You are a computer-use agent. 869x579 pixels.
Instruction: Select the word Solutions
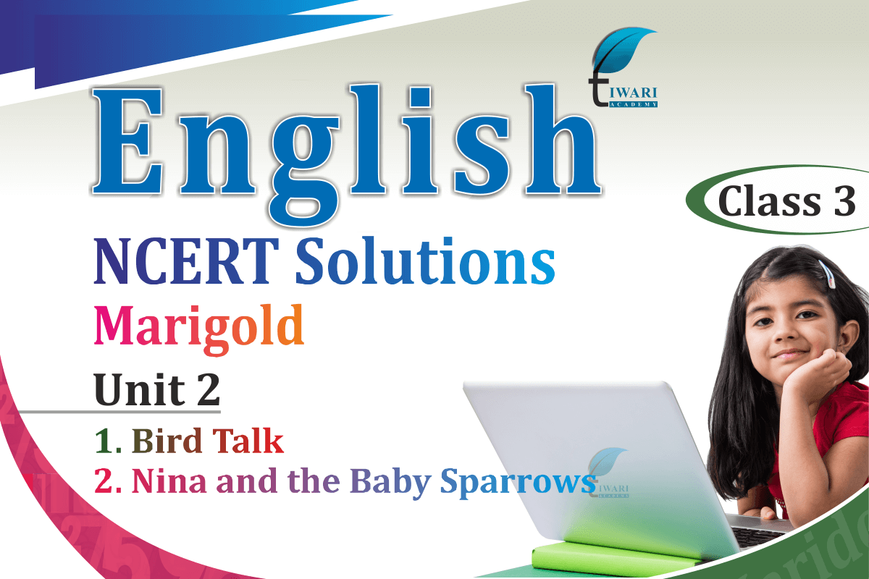pos(425,261)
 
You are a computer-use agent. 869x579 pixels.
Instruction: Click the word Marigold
pos(198,329)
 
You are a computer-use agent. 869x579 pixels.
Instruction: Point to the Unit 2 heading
pos(157,389)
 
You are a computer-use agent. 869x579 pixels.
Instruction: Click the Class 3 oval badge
pos(778,200)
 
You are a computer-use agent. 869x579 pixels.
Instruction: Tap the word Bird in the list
pos(167,441)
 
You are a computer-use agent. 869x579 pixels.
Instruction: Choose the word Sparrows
pos(519,483)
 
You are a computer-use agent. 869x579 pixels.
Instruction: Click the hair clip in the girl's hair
pos(827,274)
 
